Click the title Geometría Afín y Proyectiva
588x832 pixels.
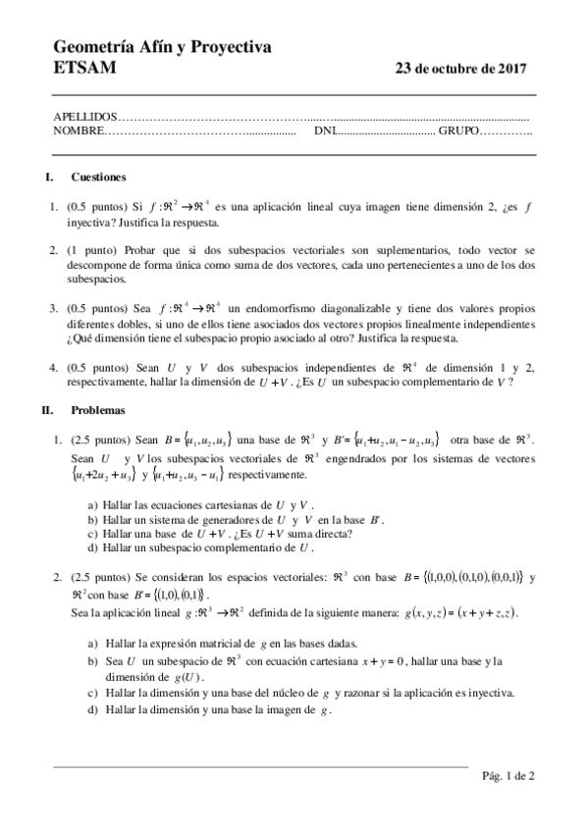[161, 47]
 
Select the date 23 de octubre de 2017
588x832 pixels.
[459, 69]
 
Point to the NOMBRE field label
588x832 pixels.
[78, 130]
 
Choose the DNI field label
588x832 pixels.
[324, 130]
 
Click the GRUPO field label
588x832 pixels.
[459, 130]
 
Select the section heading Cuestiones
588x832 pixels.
[98, 178]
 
